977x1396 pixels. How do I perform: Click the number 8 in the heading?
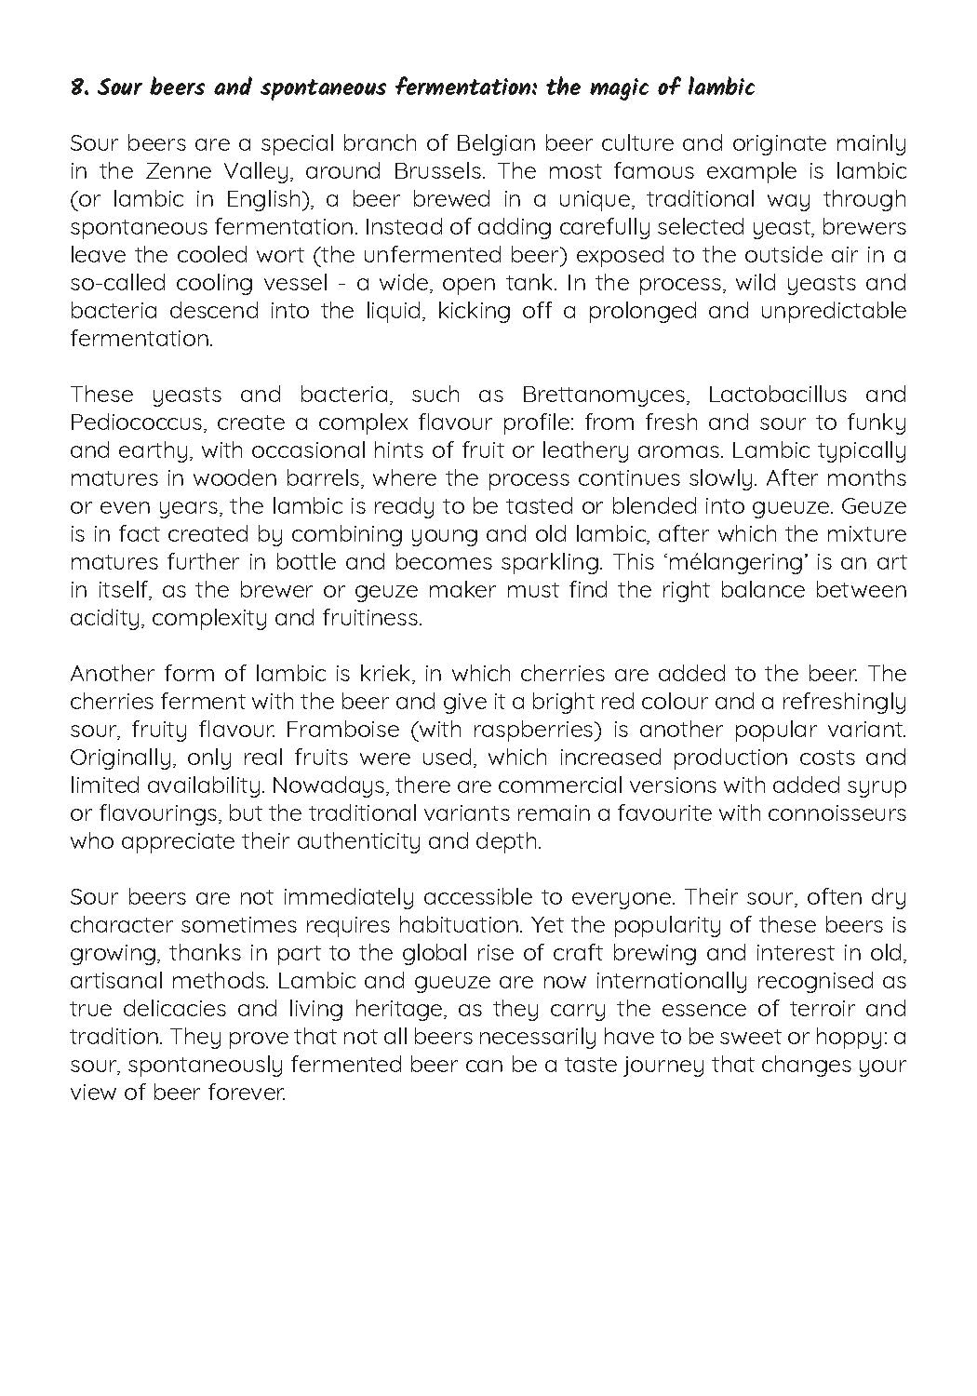coord(76,88)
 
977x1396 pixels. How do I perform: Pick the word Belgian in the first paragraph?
coord(497,143)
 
